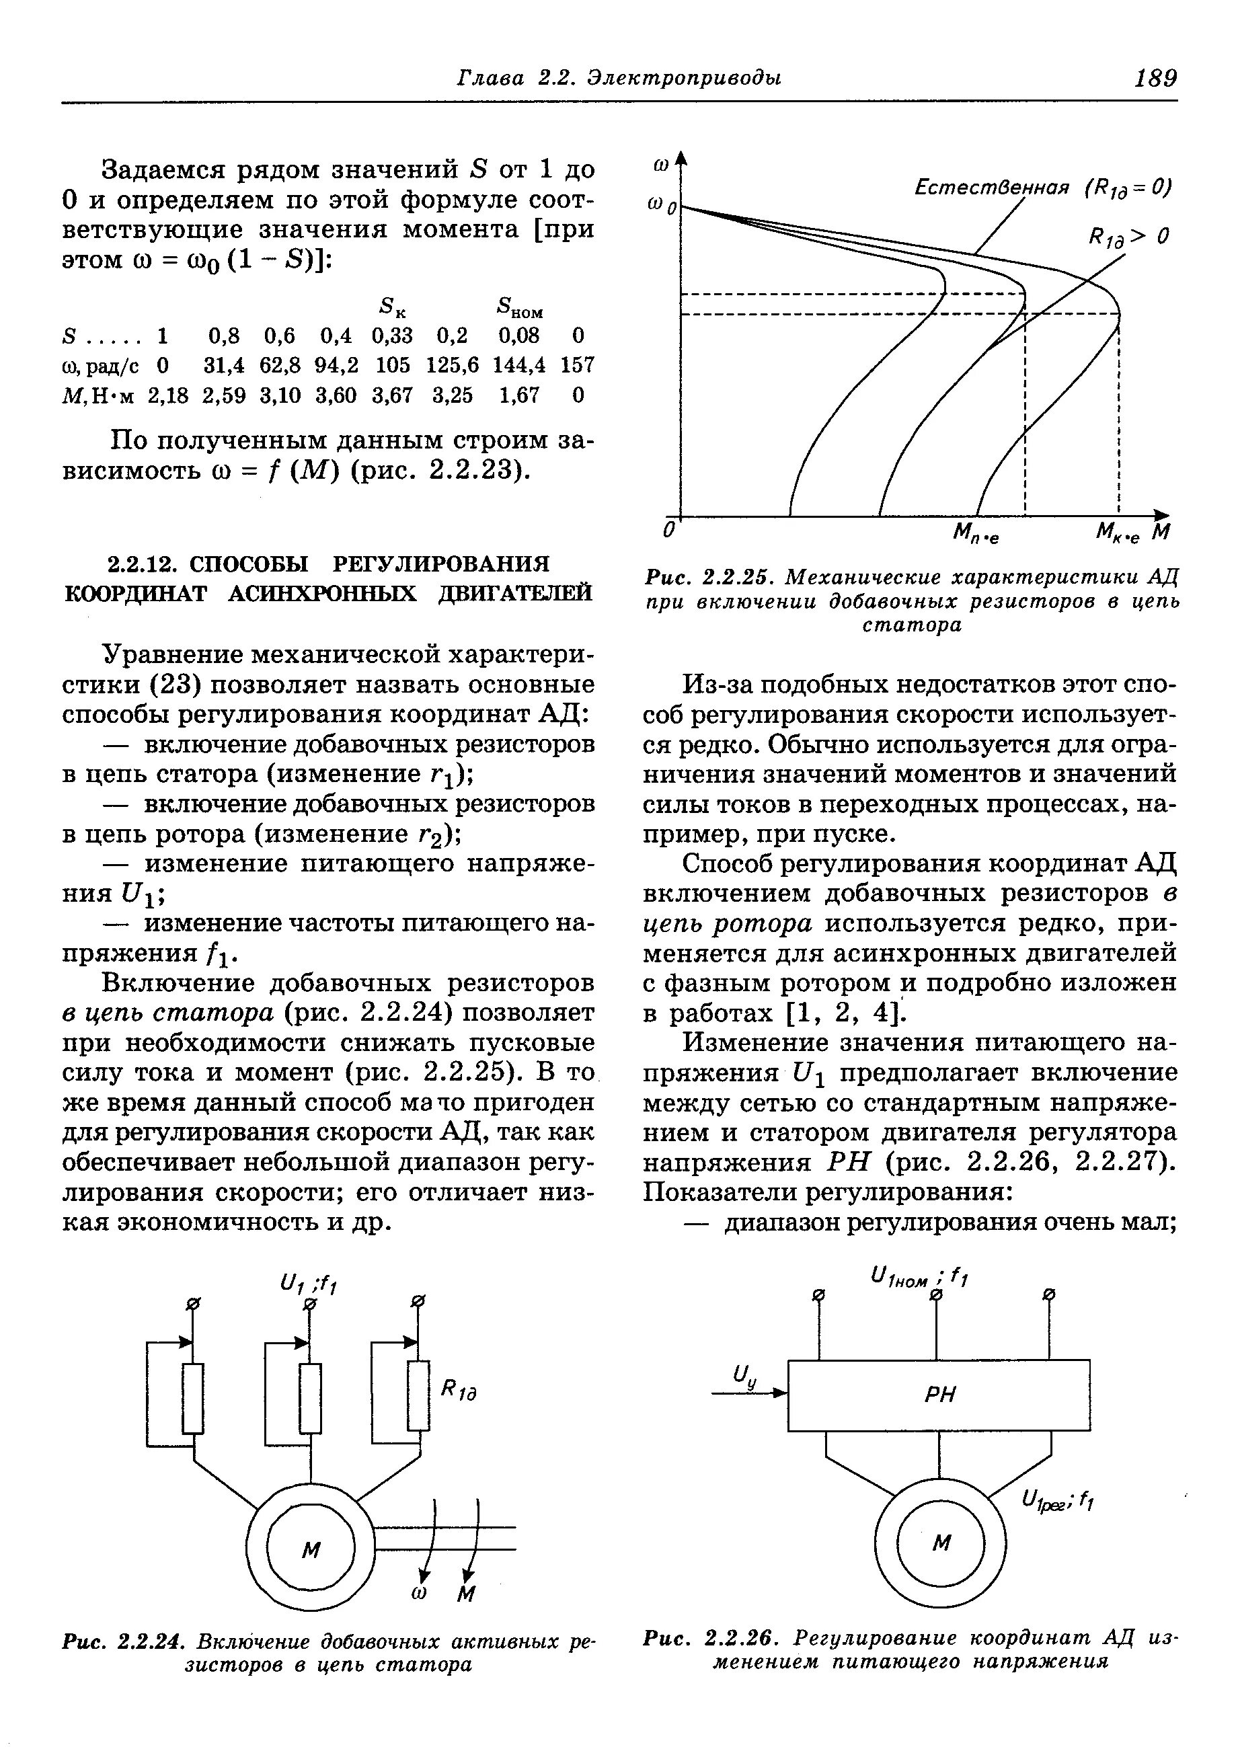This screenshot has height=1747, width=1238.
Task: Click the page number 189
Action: point(1156,78)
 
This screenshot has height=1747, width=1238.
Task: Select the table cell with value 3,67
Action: point(392,395)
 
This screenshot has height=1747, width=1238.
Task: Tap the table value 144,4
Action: point(519,365)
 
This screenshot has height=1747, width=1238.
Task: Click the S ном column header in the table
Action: point(519,308)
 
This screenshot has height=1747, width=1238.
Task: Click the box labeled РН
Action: point(938,1395)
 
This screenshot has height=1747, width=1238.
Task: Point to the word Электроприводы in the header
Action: point(683,78)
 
